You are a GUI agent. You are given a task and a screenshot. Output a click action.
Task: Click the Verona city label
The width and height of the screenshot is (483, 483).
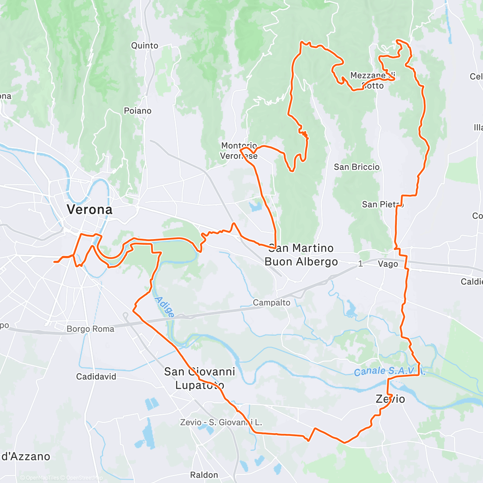pos(89,209)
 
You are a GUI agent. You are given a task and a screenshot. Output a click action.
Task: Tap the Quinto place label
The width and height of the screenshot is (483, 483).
pos(144,45)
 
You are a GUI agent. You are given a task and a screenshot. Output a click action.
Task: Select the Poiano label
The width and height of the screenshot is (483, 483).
pos(138,111)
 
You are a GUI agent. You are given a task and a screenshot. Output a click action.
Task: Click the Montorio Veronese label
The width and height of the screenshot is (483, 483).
pos(239,151)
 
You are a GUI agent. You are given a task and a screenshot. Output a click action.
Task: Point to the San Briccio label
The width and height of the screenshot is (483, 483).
pos(357,167)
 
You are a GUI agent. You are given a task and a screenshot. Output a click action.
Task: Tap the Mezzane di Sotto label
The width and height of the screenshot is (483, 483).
pos(372,80)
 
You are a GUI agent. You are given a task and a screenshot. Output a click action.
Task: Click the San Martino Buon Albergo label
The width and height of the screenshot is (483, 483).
pos(301,255)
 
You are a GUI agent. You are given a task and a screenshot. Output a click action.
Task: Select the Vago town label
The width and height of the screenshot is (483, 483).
pos(388,264)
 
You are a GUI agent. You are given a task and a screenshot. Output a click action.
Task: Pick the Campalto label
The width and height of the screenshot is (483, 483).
pos(271,303)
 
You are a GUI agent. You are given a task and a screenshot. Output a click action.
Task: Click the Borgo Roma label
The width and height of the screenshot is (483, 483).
pos(90,329)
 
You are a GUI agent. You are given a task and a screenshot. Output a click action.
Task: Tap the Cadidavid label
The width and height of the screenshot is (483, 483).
pos(96,377)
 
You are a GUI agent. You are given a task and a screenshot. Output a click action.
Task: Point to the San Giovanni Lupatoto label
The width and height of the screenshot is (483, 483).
pos(200,378)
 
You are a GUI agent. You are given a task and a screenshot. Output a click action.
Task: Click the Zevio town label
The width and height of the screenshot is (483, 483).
pos(390,399)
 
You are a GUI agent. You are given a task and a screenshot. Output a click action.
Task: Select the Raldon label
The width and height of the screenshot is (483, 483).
pos(204,475)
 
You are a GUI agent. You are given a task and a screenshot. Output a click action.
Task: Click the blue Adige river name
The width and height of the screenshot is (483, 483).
pos(165,307)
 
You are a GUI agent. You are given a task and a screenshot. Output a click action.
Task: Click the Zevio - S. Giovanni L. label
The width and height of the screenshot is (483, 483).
pos(221,422)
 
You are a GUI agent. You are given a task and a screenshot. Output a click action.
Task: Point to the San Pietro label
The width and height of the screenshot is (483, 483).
pos(382,204)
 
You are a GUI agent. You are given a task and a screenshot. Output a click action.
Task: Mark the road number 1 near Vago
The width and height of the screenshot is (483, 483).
pos(361,264)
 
